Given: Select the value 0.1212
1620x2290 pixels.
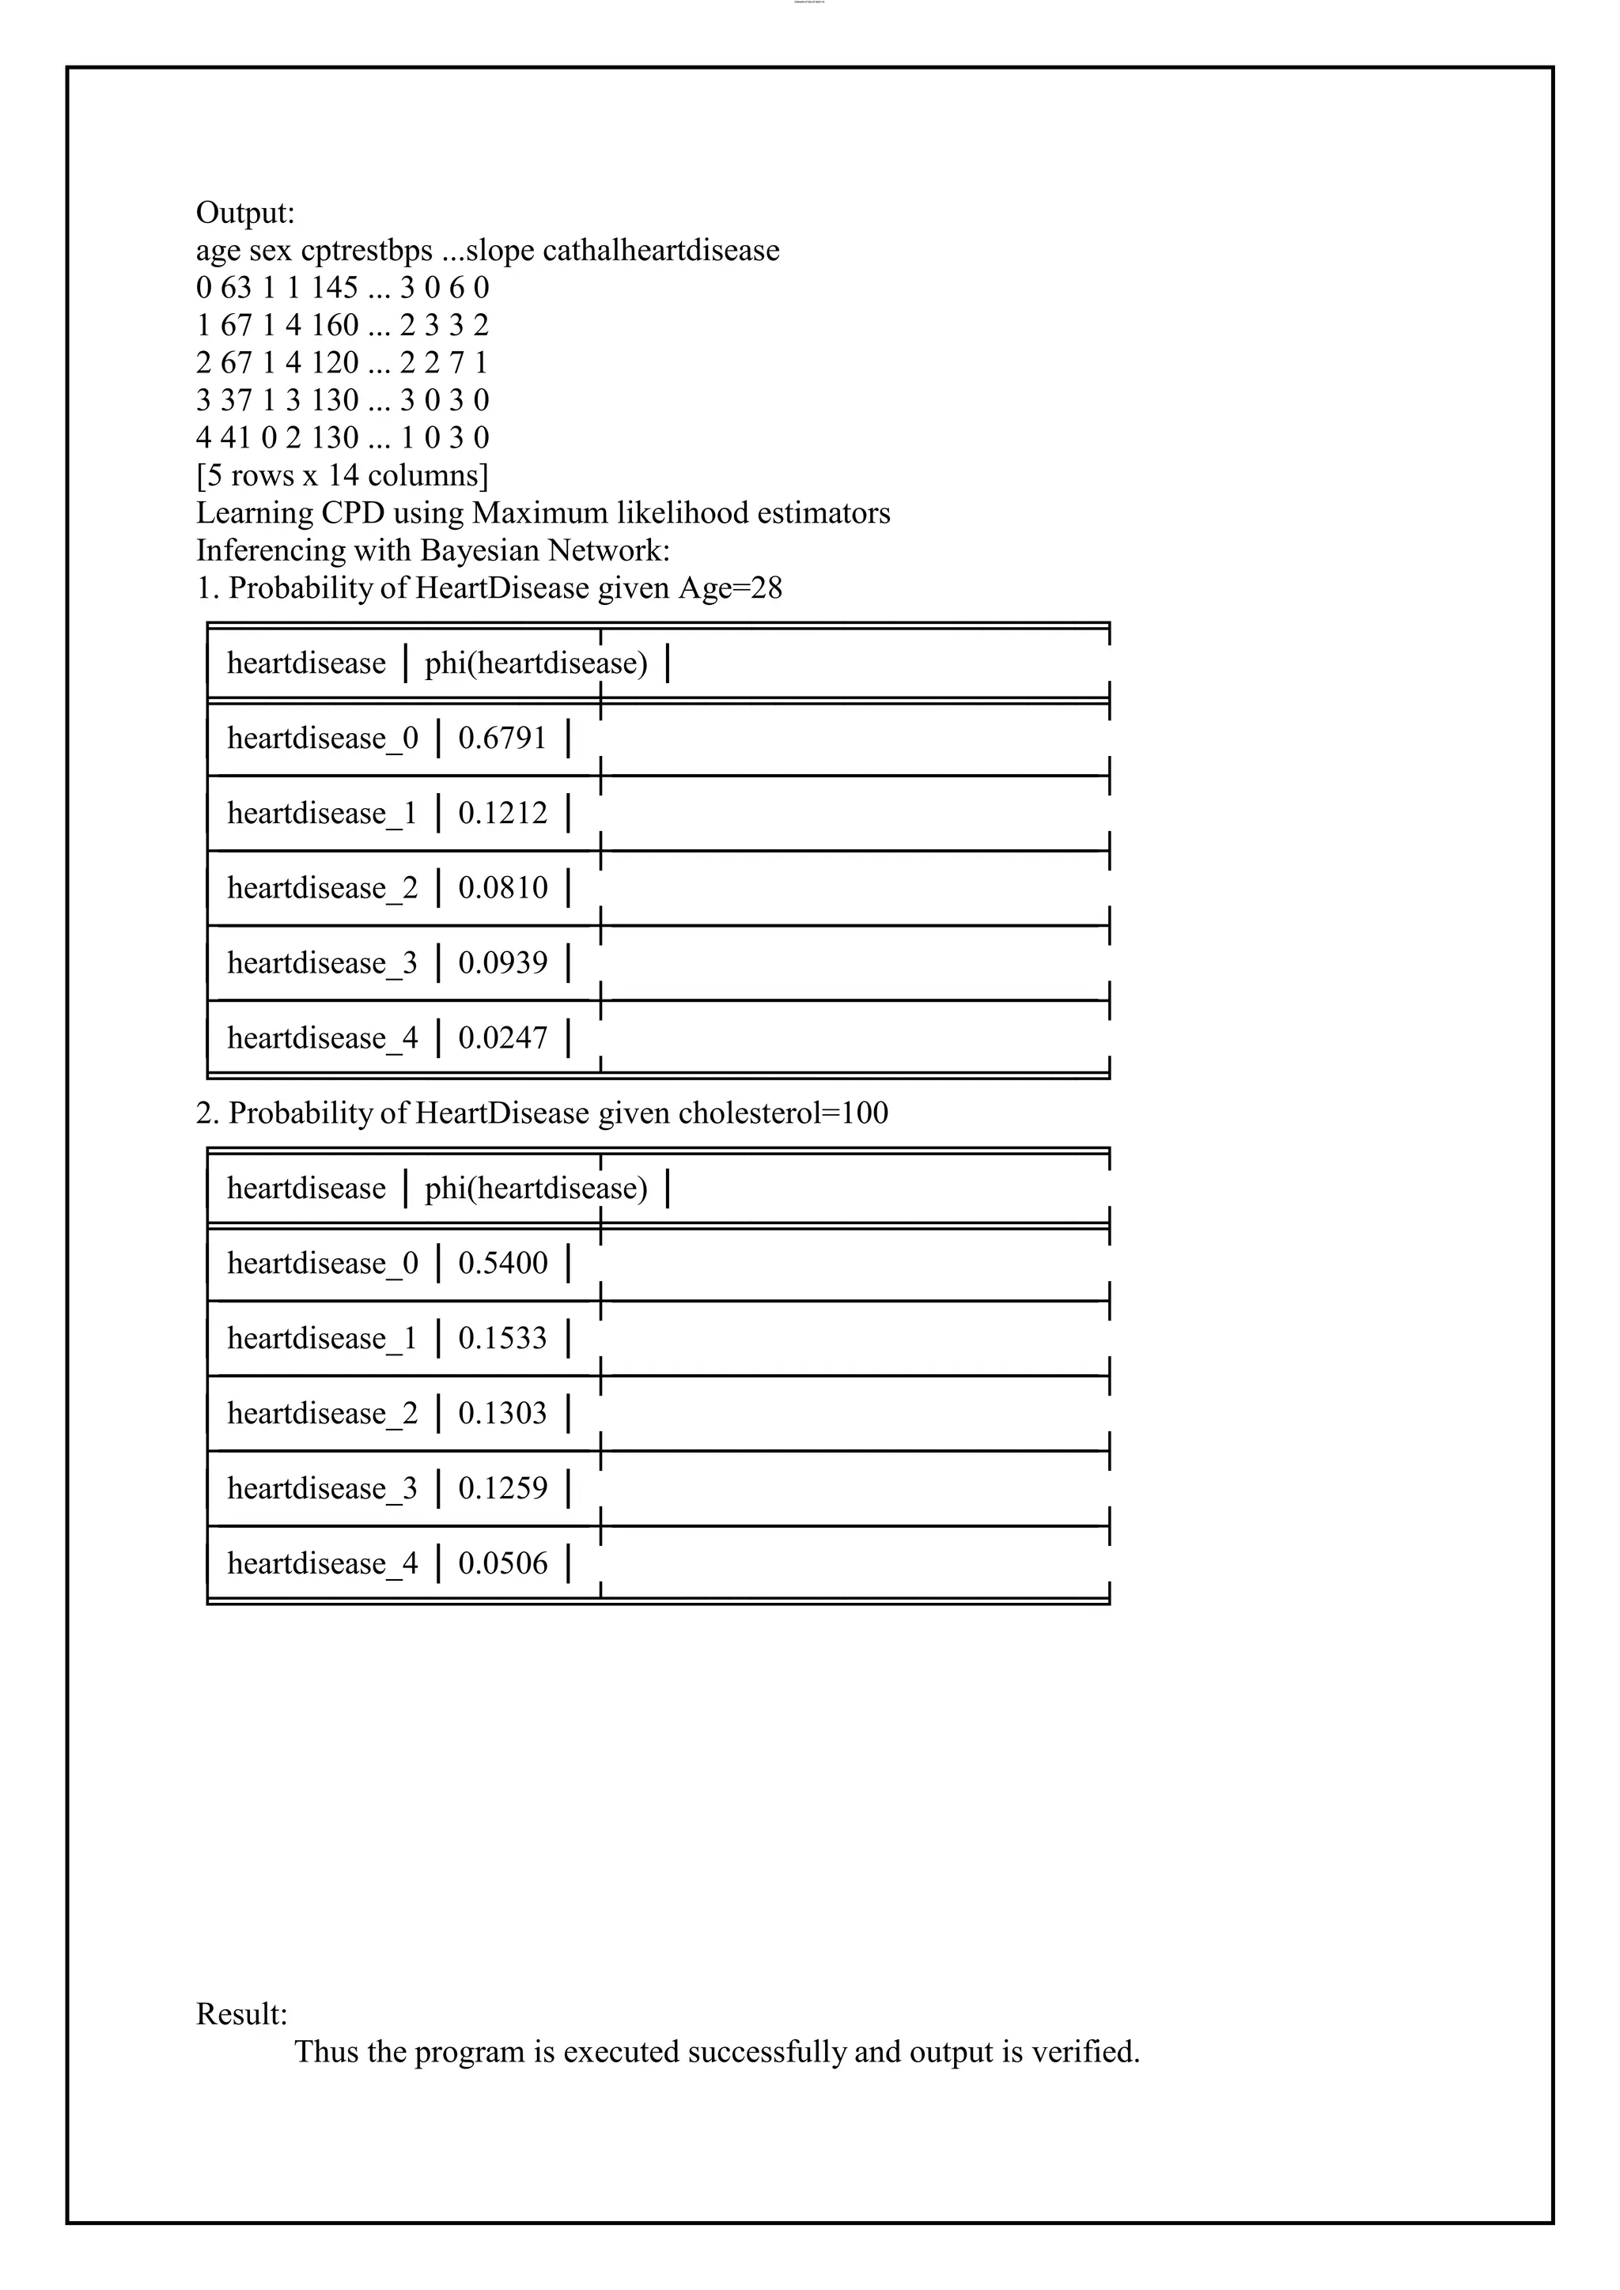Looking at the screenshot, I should click(x=503, y=813).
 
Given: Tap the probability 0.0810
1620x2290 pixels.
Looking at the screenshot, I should click(x=503, y=888).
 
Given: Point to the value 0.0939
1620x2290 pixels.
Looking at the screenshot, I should click(x=503, y=962).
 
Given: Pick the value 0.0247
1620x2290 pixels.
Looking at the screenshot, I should click(x=503, y=1037).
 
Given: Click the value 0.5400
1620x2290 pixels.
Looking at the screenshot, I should click(x=503, y=1263).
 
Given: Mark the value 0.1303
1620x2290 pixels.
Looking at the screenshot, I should click(x=503, y=1412).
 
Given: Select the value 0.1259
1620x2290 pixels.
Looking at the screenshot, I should click(x=503, y=1487).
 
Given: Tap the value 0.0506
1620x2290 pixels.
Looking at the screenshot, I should click(x=503, y=1562).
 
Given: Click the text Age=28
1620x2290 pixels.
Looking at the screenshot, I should click(x=730, y=588).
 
